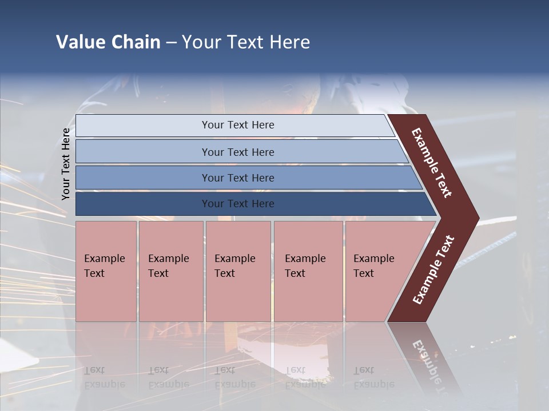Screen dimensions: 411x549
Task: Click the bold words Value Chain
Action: point(108,42)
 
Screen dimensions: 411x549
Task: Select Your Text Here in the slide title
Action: point(246,42)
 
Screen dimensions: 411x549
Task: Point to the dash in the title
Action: point(171,43)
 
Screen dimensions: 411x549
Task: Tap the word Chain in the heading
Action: point(136,42)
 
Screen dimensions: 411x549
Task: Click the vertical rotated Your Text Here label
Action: point(66,164)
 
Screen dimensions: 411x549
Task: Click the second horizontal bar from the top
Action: point(237,152)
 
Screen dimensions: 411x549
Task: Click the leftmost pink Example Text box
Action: point(106,271)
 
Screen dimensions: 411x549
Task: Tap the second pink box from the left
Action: point(170,271)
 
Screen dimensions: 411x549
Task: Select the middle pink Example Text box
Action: point(238,271)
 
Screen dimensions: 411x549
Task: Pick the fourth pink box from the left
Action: point(308,271)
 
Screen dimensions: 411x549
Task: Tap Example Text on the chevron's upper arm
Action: point(432,163)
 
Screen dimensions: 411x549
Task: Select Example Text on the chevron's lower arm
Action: point(433,269)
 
